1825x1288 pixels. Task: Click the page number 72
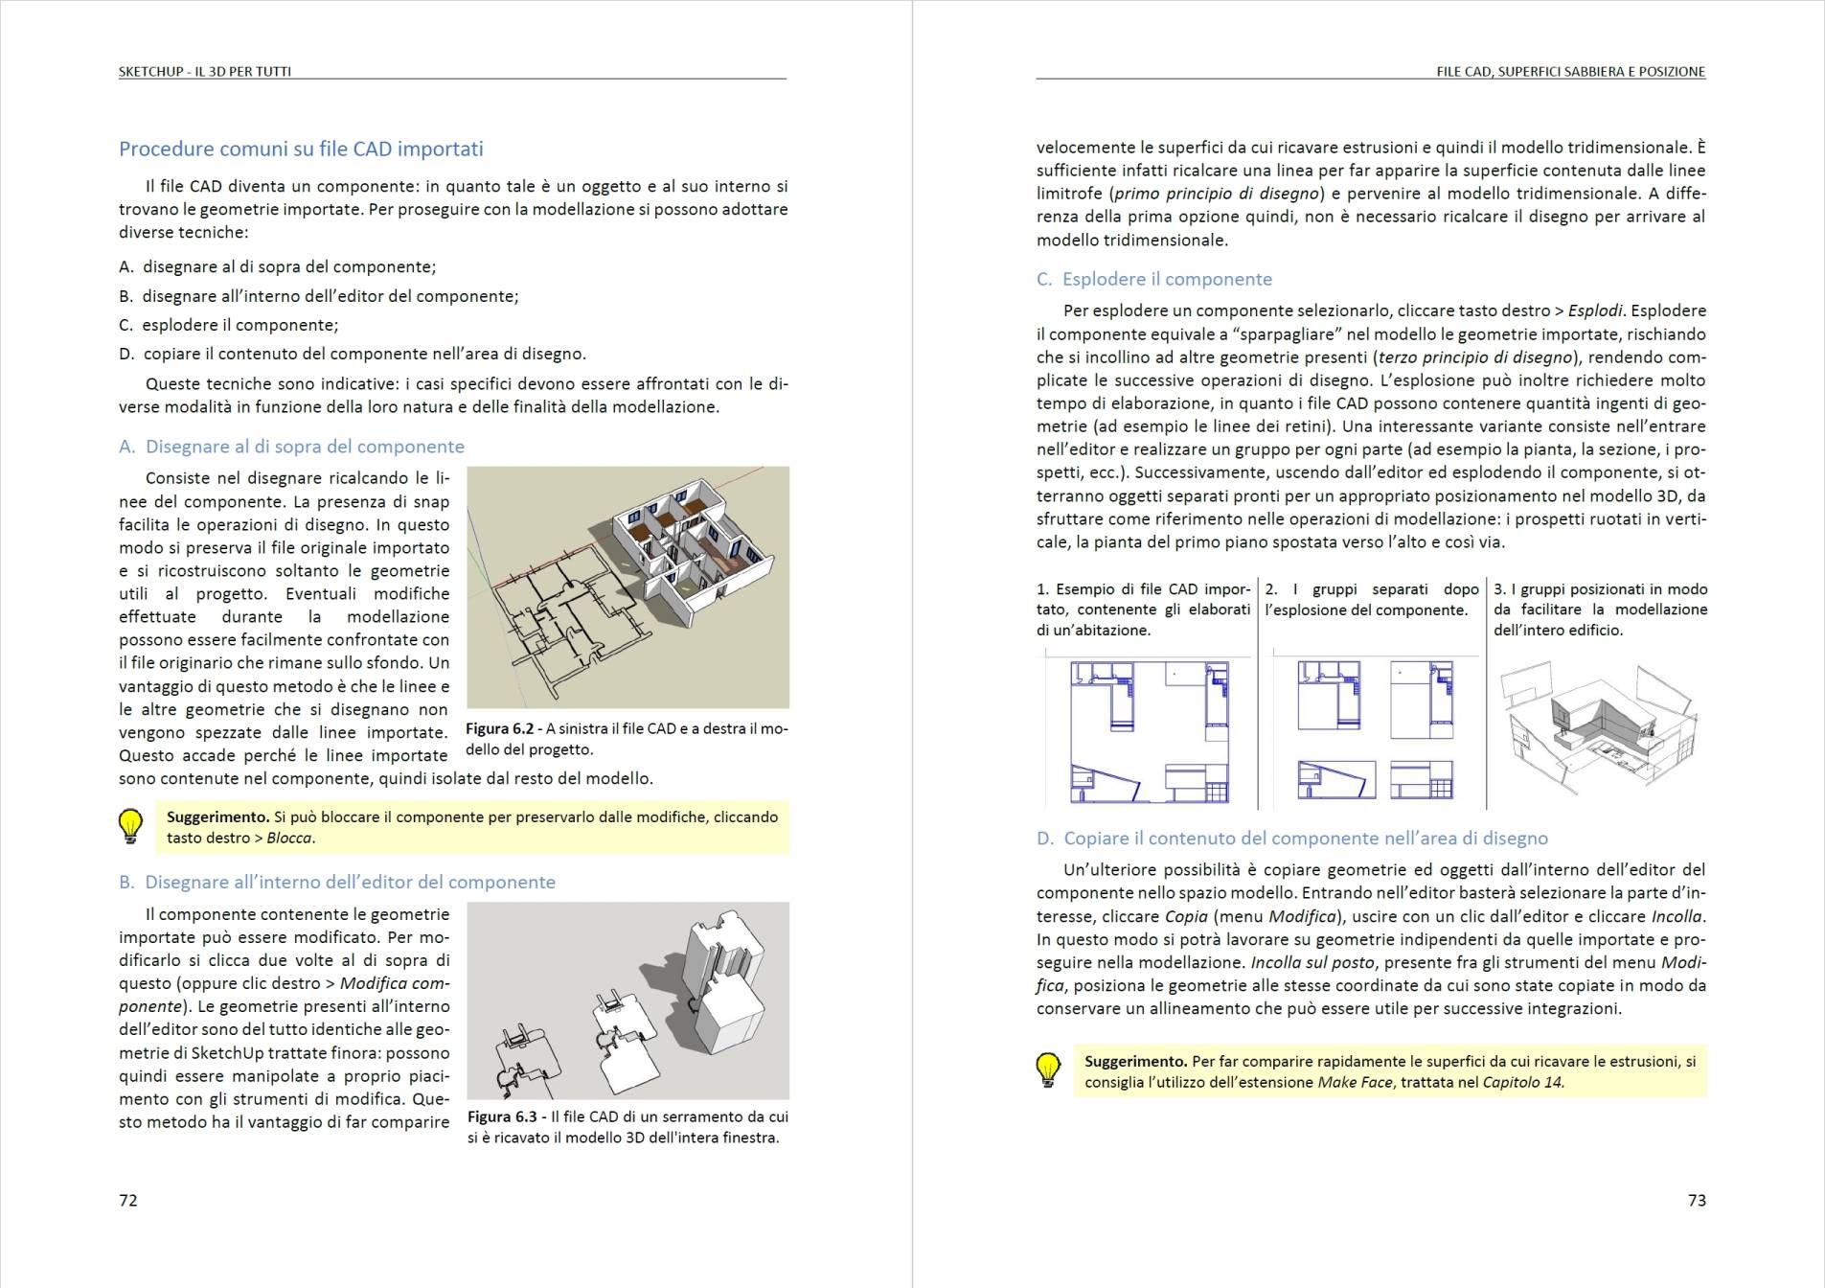(x=128, y=1200)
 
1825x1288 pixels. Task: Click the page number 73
(x=1697, y=1200)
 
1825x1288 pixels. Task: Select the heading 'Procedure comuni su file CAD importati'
(x=301, y=149)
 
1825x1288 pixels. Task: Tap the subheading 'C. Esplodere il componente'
(x=1154, y=279)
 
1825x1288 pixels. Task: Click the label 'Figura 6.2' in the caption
(x=502, y=728)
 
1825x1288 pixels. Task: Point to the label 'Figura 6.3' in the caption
(x=504, y=1116)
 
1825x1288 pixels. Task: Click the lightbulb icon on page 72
(x=130, y=826)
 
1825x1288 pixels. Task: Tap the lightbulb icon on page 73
(x=1048, y=1069)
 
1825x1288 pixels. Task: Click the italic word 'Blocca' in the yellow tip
(x=289, y=838)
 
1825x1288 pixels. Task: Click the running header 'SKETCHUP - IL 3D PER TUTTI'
(x=205, y=71)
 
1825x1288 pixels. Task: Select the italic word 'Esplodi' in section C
(x=1595, y=310)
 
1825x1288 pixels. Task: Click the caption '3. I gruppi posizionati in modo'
(x=1600, y=589)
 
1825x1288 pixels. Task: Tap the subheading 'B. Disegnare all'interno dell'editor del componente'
(x=336, y=882)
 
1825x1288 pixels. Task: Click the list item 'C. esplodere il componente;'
(x=229, y=325)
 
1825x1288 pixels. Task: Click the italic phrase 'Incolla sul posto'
(x=1311, y=962)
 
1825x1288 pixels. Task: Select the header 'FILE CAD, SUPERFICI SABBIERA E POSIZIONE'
(x=1570, y=71)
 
